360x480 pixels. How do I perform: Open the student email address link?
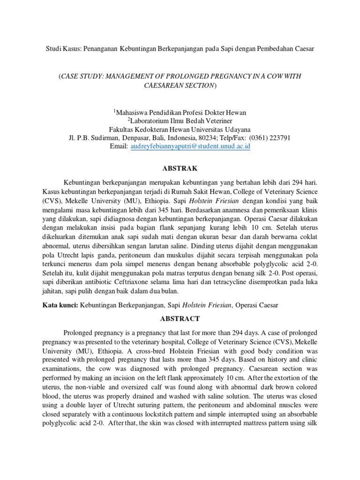tap(190, 146)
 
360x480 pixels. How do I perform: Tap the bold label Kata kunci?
tap(61, 305)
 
